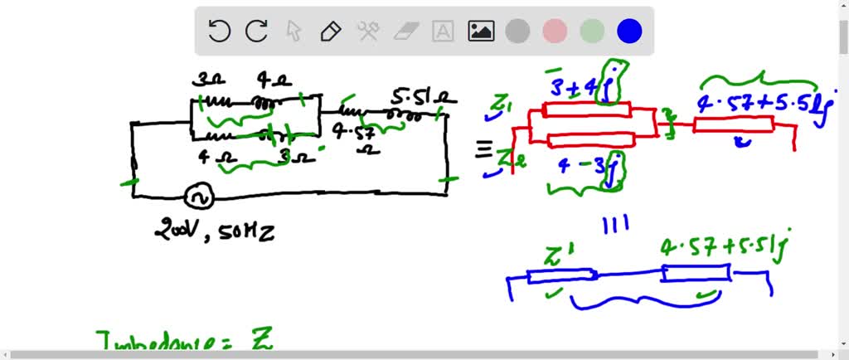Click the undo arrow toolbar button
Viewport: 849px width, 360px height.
pyautogui.click(x=219, y=32)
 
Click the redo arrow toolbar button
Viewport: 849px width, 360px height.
pyautogui.click(x=256, y=32)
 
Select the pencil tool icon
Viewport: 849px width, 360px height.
pyautogui.click(x=331, y=32)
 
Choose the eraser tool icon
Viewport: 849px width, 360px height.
pyautogui.click(x=405, y=32)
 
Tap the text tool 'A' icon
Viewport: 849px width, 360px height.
pyautogui.click(x=444, y=32)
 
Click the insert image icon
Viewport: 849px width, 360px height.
pyautogui.click(x=481, y=32)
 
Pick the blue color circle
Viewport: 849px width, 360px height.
pyautogui.click(x=629, y=32)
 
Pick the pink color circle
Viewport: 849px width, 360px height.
pyautogui.click(x=555, y=32)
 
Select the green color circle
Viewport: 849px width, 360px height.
pyautogui.click(x=592, y=32)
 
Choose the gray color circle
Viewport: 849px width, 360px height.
pyautogui.click(x=517, y=32)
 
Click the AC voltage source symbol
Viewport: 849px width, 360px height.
pyautogui.click(x=199, y=197)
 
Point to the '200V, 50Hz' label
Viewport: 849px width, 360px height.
pyautogui.click(x=214, y=231)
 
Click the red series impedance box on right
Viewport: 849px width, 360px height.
pyautogui.click(x=733, y=125)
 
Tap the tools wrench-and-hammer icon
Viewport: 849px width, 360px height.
pyautogui.click(x=368, y=32)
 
